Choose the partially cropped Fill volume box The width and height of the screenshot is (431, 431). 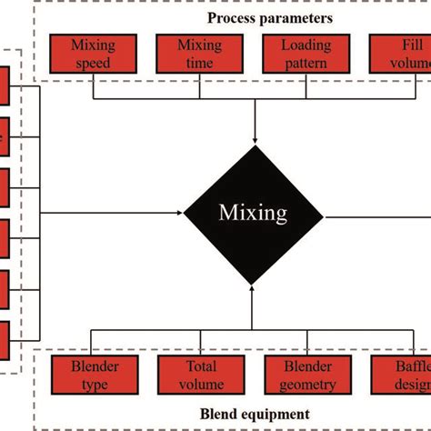coord(400,54)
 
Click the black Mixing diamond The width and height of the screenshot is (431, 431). coord(254,214)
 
